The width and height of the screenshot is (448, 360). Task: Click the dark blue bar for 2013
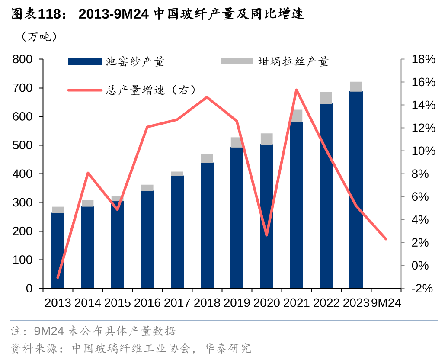pos(58,250)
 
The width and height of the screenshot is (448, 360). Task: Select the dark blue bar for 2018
pos(207,225)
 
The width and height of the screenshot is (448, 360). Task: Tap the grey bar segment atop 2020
pos(267,139)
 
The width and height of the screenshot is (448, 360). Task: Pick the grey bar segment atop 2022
pos(326,98)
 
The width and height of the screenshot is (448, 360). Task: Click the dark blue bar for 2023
pos(356,190)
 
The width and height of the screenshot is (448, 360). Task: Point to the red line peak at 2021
pos(296,90)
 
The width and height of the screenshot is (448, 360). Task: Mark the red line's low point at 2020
pos(267,235)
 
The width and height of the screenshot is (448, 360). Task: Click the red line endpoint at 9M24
pos(386,239)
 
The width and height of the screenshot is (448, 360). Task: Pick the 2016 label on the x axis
pos(147,302)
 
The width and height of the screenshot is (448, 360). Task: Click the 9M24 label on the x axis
pos(386,302)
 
